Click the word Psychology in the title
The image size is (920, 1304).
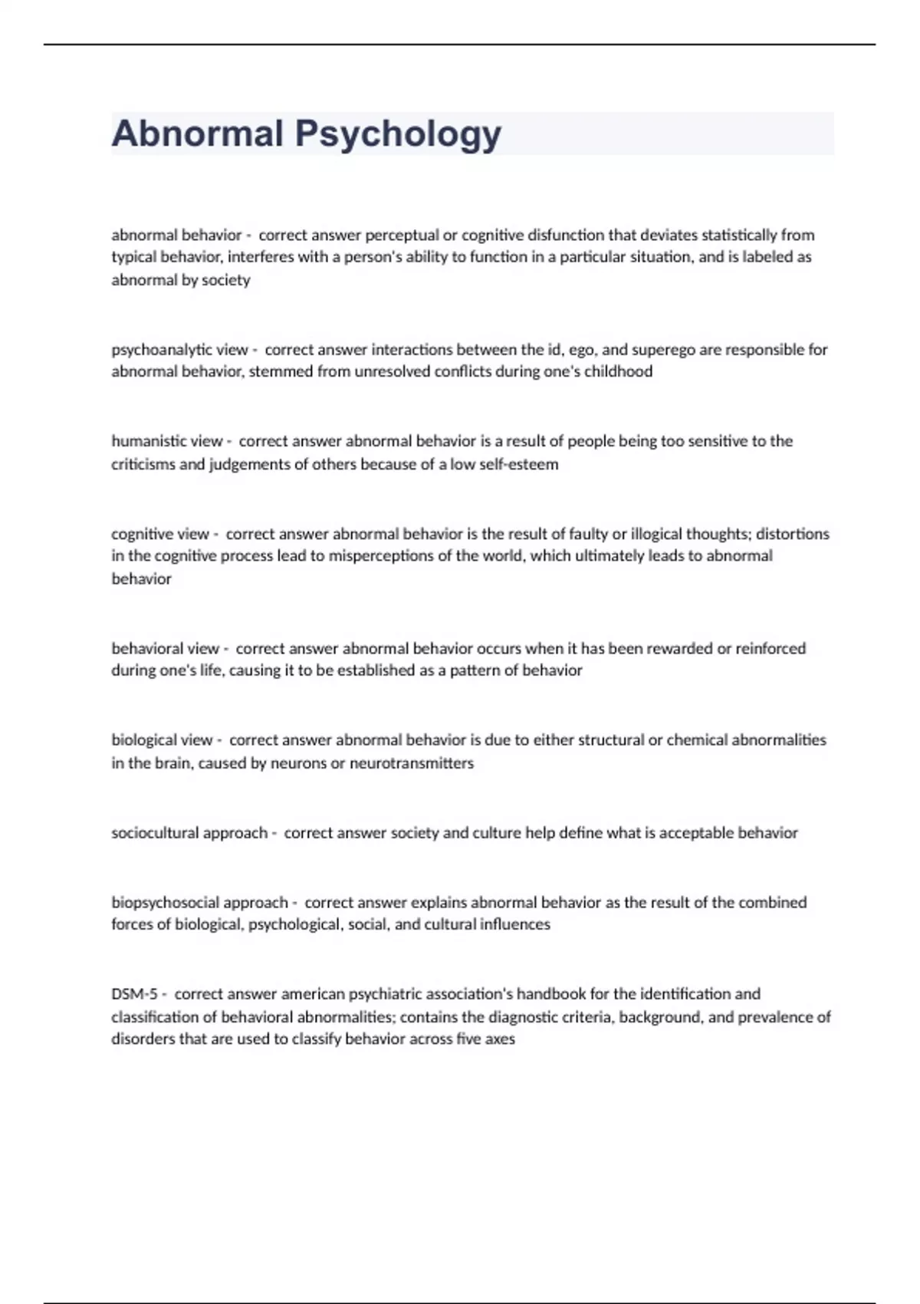point(398,134)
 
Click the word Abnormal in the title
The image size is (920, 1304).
point(197,133)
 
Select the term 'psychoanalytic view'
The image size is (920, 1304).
point(179,350)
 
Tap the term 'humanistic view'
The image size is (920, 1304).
point(166,441)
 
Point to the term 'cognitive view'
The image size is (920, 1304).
point(159,534)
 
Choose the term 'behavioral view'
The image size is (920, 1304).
point(165,648)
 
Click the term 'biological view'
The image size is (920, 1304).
point(162,740)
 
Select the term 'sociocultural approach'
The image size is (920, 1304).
point(189,833)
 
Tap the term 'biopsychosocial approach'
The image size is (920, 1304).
point(199,902)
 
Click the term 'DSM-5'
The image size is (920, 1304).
point(134,994)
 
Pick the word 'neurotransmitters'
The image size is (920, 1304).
point(412,763)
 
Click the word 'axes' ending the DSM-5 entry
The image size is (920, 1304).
point(500,1039)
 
